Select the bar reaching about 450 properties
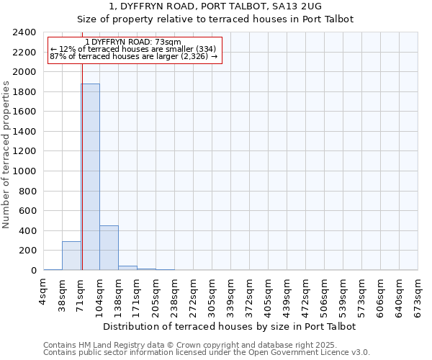pos(109,248)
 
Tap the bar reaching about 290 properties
pos(71,256)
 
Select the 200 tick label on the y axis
pos(27,251)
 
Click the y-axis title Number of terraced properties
pos(6,155)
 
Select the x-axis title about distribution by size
pos(230,326)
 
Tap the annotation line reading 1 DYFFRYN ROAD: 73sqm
pos(132,42)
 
